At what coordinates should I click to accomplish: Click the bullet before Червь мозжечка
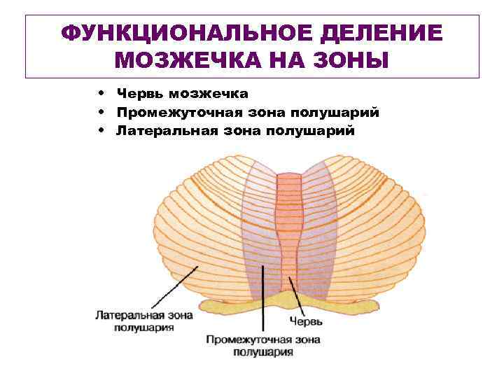(102, 92)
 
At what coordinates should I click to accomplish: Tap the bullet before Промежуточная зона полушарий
(102, 111)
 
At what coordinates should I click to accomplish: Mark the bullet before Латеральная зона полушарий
(102, 130)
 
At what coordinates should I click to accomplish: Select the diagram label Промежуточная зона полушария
(263, 346)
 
